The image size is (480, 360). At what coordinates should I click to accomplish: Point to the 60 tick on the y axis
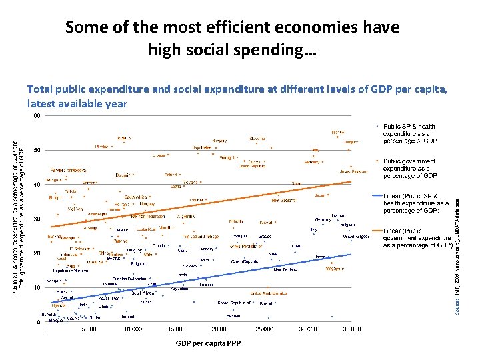(37, 115)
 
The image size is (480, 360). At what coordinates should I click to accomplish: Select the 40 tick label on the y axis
(37, 184)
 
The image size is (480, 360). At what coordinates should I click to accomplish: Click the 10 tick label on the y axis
(37, 287)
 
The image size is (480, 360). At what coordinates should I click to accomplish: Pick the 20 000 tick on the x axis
(221, 329)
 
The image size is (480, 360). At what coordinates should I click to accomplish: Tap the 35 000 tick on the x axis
(351, 329)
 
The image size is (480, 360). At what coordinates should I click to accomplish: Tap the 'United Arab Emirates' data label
(270, 293)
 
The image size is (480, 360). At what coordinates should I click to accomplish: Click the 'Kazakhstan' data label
(109, 299)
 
